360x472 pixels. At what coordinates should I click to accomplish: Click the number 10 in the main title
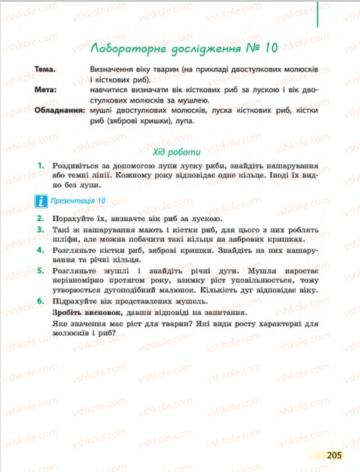[268, 49]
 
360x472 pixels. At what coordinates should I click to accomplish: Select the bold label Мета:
[46, 90]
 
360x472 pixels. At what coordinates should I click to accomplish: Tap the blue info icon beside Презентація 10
[41, 201]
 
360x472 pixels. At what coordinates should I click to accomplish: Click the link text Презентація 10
[78, 201]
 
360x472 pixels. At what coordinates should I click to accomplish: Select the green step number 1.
[40, 165]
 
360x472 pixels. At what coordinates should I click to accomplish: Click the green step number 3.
[40, 229]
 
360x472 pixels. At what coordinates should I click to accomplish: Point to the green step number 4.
[40, 249]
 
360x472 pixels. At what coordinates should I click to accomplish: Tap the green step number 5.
[40, 270]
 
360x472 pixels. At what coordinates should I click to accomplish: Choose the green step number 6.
[40, 301]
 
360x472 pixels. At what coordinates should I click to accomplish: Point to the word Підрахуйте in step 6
[74, 301]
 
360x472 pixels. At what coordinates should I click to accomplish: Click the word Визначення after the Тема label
[111, 70]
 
